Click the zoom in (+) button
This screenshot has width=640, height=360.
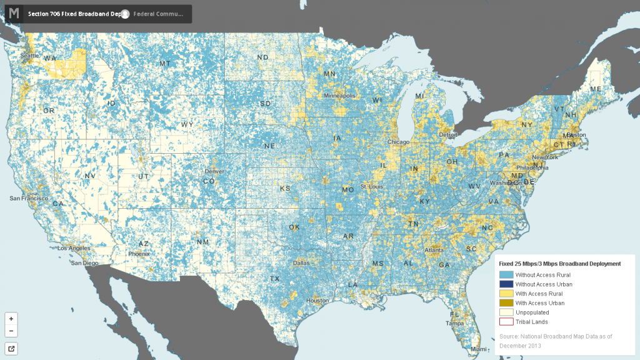pyautogui.click(x=11, y=318)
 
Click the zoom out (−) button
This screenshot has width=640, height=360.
pyautogui.click(x=11, y=331)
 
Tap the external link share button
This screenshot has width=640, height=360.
pyautogui.click(x=11, y=348)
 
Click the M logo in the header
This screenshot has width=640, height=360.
pyautogui.click(x=14, y=13)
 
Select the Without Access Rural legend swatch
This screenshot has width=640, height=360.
pyautogui.click(x=506, y=274)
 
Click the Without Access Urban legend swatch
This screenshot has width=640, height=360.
pyautogui.click(x=506, y=284)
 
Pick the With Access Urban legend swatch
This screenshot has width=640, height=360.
pyautogui.click(x=506, y=303)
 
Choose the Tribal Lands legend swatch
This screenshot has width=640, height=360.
pyautogui.click(x=506, y=322)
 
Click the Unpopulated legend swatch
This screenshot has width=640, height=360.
pyautogui.click(x=506, y=312)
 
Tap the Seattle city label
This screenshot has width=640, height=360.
pyautogui.click(x=29, y=55)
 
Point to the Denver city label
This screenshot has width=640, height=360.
pyautogui.click(x=214, y=171)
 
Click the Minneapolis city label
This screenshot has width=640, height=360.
pyautogui.click(x=339, y=96)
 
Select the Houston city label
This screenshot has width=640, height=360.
pyautogui.click(x=317, y=301)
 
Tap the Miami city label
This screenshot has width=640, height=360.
pyautogui.click(x=479, y=349)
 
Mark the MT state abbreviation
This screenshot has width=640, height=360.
pyautogui.click(x=165, y=64)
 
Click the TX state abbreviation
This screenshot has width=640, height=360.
pyautogui.click(x=274, y=278)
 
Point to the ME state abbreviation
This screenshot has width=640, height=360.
pyautogui.click(x=596, y=89)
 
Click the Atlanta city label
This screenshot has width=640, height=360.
pyautogui.click(x=434, y=251)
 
